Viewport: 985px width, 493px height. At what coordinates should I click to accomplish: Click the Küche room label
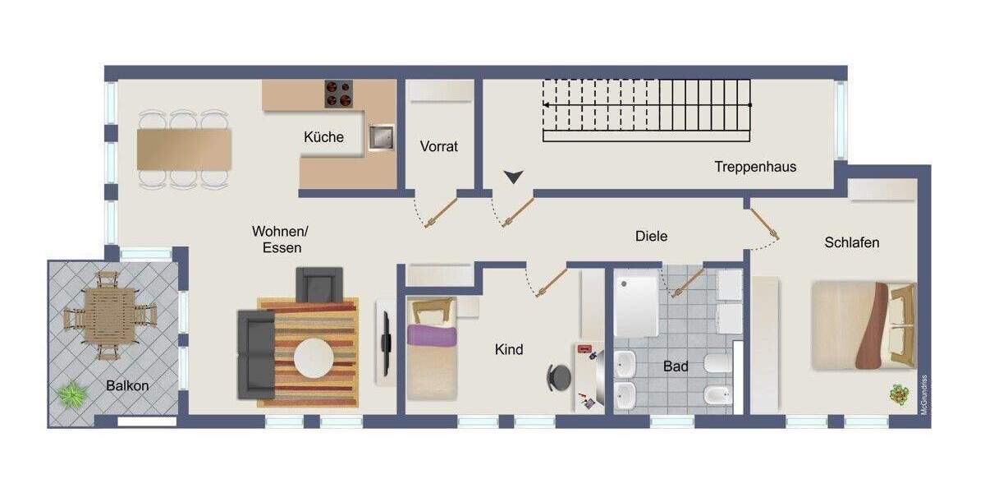pos(323,137)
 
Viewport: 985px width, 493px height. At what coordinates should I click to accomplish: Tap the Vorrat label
pos(439,146)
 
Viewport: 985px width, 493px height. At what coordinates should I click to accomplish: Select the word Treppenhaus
pos(755,167)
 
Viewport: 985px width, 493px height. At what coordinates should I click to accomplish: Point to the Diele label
pos(651,236)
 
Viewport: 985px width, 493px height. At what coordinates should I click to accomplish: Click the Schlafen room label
pos(852,242)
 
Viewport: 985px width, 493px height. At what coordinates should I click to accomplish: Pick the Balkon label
pos(127,385)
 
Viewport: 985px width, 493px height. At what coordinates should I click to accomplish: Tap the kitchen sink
pos(380,137)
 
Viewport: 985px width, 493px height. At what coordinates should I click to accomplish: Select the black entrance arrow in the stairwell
pos(514,176)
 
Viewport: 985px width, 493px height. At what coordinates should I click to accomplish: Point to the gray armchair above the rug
pos(318,284)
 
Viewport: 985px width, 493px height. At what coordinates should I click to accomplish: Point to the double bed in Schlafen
pos(863,325)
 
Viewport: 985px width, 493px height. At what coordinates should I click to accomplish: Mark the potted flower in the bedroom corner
pos(900,395)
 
